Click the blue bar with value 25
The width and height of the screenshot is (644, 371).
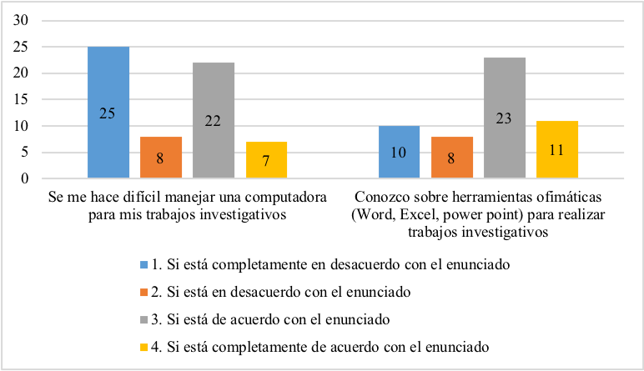click(108, 113)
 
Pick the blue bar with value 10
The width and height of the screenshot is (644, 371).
click(399, 152)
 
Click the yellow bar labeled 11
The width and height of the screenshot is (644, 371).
click(556, 149)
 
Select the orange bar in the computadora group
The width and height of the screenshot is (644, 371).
click(161, 158)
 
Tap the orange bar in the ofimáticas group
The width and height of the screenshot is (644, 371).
click(451, 158)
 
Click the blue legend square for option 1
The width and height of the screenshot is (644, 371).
click(143, 265)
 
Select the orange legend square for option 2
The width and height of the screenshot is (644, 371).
click(143, 292)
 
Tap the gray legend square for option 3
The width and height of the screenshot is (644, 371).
click(143, 318)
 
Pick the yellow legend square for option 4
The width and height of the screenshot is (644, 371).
click(143, 345)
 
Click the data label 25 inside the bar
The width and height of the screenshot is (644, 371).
click(108, 113)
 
